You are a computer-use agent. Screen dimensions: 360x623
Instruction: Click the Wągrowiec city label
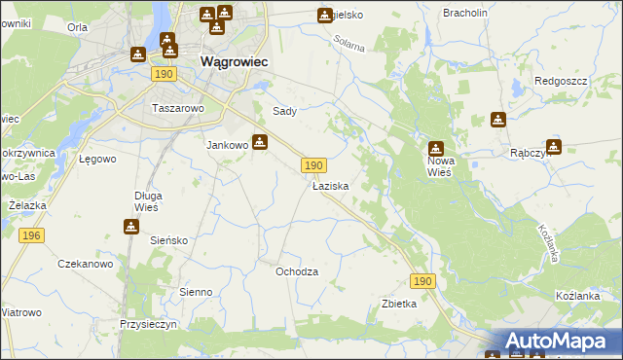(235, 61)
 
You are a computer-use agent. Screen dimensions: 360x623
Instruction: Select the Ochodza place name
(297, 271)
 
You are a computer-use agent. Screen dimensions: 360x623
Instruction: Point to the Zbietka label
(399, 304)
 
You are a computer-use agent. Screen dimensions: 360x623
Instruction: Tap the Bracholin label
(464, 13)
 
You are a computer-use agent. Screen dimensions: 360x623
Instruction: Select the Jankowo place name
(228, 145)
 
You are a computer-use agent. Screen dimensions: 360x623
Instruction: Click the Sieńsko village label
(168, 239)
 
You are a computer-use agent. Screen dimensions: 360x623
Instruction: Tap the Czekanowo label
(86, 264)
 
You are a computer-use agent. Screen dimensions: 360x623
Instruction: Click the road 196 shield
(31, 235)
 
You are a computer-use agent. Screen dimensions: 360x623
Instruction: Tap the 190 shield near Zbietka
(421, 280)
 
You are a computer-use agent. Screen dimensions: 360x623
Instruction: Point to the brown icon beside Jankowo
(260, 142)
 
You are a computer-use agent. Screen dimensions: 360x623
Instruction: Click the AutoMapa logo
(555, 342)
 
